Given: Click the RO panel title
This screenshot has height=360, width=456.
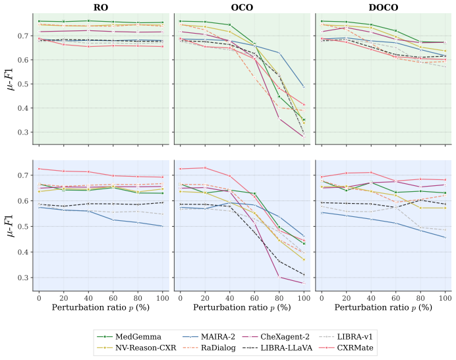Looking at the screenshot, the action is (x=101, y=7).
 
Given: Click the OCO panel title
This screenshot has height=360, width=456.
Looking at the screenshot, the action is (x=242, y=7).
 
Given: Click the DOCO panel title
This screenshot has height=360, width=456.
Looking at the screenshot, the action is (x=384, y=7).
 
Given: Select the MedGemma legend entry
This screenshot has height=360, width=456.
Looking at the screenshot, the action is (x=129, y=337).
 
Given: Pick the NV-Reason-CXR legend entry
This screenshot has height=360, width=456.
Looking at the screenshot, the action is (x=136, y=347).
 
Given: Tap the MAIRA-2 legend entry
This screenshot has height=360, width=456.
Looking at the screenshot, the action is (x=209, y=337).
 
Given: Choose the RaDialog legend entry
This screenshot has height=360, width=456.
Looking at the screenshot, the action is (x=209, y=347).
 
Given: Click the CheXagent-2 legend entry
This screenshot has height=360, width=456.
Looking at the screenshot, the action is (x=276, y=337).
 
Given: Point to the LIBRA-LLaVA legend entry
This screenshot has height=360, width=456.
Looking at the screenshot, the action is (x=277, y=347).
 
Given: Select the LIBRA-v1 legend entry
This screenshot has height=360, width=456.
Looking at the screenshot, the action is (x=346, y=337).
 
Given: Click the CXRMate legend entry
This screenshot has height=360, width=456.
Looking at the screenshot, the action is (x=346, y=347).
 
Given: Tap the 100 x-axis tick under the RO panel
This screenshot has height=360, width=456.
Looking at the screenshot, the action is (x=163, y=298).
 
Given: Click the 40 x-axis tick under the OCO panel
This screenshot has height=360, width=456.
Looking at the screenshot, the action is (x=230, y=298).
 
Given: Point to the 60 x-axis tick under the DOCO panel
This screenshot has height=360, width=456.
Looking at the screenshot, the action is (x=396, y=298).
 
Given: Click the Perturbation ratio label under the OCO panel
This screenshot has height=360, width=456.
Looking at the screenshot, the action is (x=242, y=308).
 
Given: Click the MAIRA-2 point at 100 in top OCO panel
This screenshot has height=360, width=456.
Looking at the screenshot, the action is (x=304, y=87).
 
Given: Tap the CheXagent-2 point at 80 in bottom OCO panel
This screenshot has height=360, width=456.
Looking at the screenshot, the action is (x=279, y=277).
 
